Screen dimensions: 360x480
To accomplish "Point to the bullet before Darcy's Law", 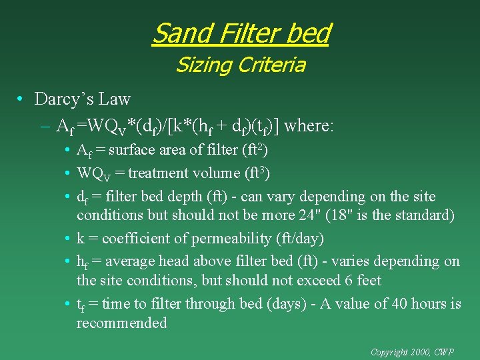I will (x=22, y=100).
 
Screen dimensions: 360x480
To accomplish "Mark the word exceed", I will (x=315, y=280).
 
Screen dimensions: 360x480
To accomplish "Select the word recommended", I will (x=121, y=323).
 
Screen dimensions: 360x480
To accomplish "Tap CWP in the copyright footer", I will (x=445, y=351).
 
